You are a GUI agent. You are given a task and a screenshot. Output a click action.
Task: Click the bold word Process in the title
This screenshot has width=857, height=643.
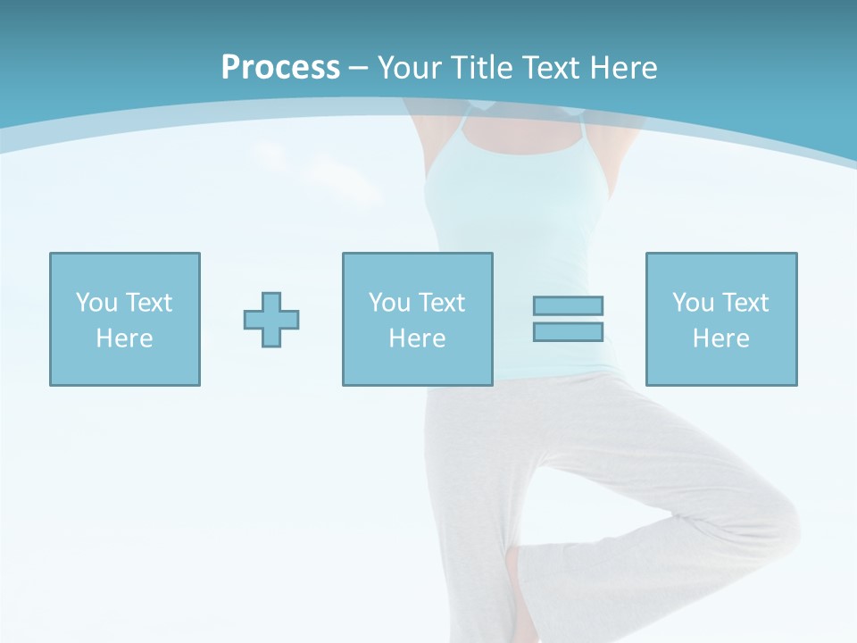click(280, 68)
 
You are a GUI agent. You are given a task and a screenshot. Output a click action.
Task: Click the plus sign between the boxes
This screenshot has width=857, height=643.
click(271, 320)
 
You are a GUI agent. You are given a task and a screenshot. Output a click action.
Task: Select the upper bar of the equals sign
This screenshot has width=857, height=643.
click(568, 305)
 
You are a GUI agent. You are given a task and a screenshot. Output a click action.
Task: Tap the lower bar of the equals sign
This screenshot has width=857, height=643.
click(568, 331)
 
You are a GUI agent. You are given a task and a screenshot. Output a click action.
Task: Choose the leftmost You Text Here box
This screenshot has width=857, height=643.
click(125, 319)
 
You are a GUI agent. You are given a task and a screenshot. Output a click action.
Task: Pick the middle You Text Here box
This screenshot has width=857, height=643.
click(417, 319)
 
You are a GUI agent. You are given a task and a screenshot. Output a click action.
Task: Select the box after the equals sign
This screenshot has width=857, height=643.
click(720, 319)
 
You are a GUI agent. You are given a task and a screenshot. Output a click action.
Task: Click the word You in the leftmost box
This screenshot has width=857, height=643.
click(96, 303)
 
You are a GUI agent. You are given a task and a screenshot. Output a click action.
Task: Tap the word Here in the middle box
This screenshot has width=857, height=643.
click(417, 338)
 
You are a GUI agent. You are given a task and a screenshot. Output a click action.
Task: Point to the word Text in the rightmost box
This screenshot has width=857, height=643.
click(745, 303)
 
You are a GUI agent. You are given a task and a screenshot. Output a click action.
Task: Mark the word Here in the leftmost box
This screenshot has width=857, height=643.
click(125, 338)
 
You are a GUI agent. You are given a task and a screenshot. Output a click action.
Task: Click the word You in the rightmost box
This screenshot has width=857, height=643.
click(693, 303)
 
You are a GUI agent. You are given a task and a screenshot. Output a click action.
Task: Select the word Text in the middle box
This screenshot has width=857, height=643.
click(442, 303)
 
